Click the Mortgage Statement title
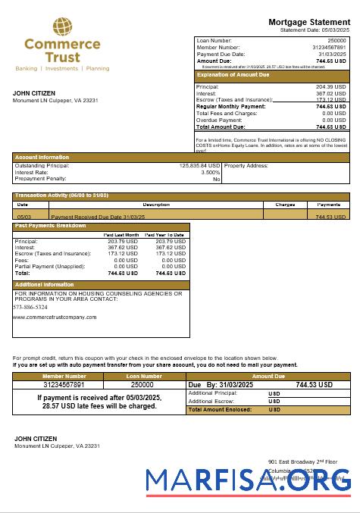[308, 22]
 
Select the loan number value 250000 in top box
[336, 40]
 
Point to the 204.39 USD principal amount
[330, 87]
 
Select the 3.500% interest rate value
[210, 172]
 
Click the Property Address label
[246, 165]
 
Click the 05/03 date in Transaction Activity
[23, 217]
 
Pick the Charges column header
[285, 205]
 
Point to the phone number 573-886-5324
[30, 307]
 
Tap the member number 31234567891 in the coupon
[64, 385]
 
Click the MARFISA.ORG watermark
[248, 480]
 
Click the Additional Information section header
[45, 284]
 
